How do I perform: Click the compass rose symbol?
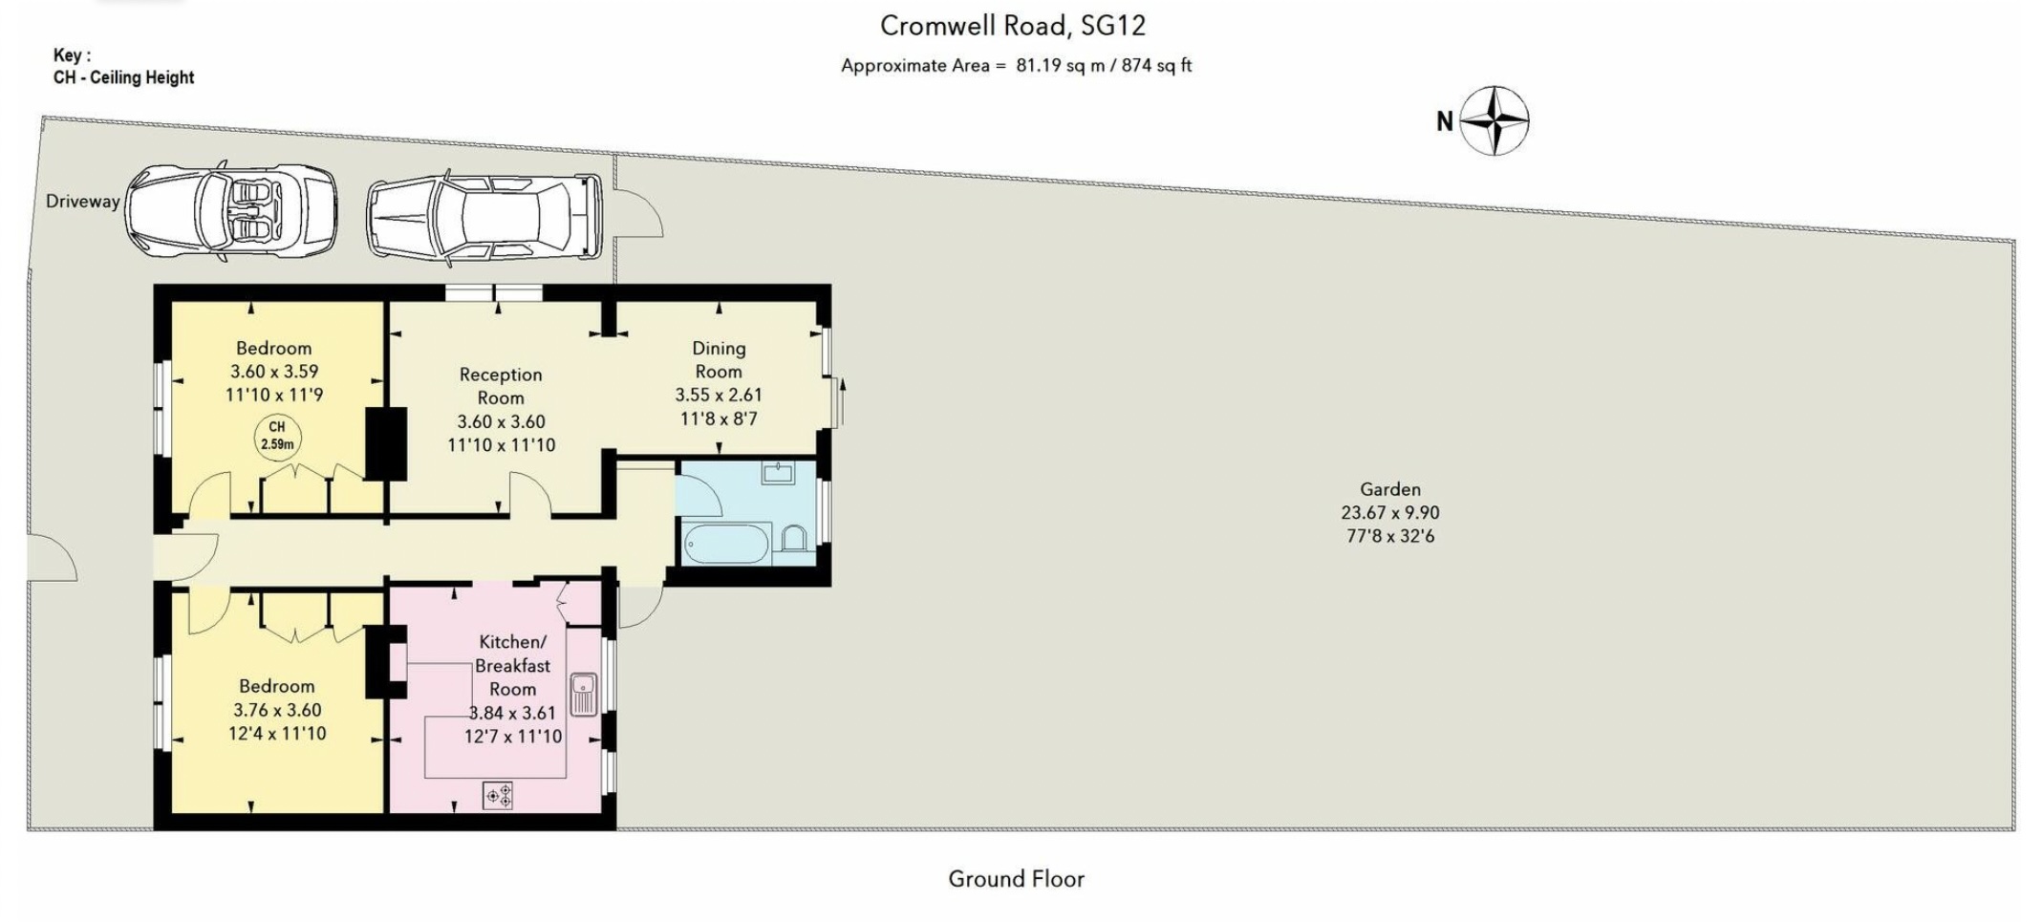click(1495, 120)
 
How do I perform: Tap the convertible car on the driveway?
click(230, 209)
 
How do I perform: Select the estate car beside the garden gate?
click(484, 216)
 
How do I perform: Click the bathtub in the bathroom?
click(728, 543)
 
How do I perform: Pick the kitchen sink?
click(584, 695)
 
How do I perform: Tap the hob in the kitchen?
click(498, 795)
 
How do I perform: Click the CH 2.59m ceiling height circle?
click(276, 436)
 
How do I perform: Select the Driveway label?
click(83, 202)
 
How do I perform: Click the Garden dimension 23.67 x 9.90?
click(1390, 512)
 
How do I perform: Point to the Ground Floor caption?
click(1016, 879)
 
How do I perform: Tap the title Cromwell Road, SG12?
click(1013, 26)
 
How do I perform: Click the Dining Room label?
click(719, 359)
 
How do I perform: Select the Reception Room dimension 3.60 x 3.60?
click(501, 421)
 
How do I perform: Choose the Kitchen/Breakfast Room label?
click(513, 665)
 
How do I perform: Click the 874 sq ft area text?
click(1157, 66)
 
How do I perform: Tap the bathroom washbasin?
click(779, 473)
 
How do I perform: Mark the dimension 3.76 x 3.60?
click(277, 710)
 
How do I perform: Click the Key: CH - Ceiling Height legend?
click(123, 67)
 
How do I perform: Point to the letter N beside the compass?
click(1445, 121)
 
